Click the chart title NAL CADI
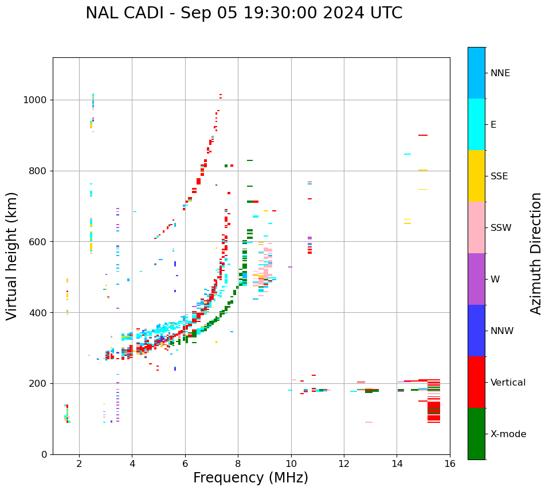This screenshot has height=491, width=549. (x=244, y=13)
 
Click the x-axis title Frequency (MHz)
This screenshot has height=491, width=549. (x=250, y=478)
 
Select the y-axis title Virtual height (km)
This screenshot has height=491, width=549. (x=12, y=256)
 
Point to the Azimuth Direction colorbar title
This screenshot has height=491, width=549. (x=536, y=253)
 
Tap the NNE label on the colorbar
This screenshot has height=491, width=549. (x=500, y=73)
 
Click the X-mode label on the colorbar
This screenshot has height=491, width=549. (x=508, y=434)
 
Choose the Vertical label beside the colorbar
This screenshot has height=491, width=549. (x=508, y=383)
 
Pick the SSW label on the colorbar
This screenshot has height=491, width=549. (x=501, y=228)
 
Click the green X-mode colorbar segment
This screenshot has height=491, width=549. (x=476, y=434)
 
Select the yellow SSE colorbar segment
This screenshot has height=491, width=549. (x=476, y=176)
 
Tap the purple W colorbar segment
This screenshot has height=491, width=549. (x=476, y=279)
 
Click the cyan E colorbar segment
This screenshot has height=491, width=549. (x=476, y=124)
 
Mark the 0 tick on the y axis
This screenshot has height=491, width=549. (x=44, y=454)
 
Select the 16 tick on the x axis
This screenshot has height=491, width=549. (x=449, y=463)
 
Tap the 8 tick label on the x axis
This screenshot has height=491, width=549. (x=238, y=463)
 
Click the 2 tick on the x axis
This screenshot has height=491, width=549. (x=79, y=463)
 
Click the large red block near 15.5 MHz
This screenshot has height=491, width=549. (x=434, y=410)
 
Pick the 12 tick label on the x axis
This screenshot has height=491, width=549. (x=344, y=463)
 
